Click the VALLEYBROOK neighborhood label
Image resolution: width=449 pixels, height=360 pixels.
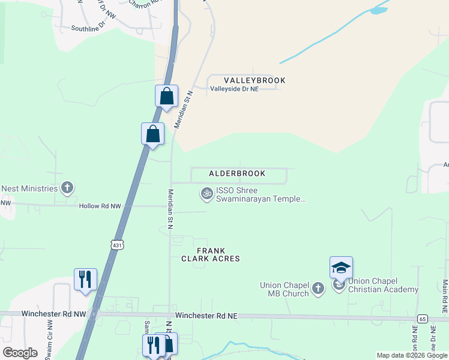point(255,80)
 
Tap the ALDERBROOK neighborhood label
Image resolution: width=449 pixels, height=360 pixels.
point(237,173)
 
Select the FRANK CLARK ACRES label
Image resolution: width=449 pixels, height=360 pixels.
point(211,254)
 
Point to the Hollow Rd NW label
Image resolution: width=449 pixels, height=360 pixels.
point(100,206)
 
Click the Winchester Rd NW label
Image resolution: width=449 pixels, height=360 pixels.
point(53,314)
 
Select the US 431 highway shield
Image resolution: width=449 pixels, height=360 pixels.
point(116,244)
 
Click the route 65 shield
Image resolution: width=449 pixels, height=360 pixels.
point(423,319)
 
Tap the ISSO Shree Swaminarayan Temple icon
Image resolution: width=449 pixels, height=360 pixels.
point(206,193)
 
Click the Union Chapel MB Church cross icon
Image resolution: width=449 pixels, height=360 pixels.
point(319,289)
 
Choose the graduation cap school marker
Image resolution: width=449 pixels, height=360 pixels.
point(341,268)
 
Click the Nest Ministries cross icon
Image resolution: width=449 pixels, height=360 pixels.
point(67,188)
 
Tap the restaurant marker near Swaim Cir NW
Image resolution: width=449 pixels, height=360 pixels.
point(85,279)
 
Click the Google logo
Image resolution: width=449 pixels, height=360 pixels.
point(20,353)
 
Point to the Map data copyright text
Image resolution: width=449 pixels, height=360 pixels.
point(412,355)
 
